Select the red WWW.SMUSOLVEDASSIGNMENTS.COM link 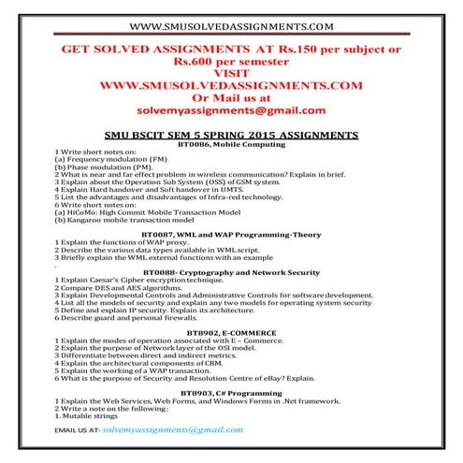pos(230,84)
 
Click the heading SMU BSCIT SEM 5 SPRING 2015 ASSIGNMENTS pos(230,135)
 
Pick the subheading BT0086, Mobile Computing pos(230,144)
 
